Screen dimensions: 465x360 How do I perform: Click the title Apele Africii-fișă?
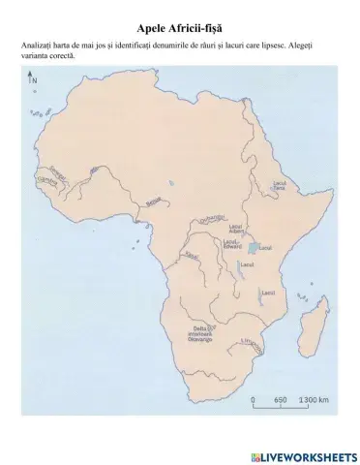click(x=180, y=31)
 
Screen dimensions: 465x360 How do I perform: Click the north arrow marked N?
click(x=33, y=81)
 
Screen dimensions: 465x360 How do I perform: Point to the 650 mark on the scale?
click(x=280, y=399)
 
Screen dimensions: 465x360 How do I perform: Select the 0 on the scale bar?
click(x=253, y=399)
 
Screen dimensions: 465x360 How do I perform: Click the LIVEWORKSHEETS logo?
click(x=303, y=453)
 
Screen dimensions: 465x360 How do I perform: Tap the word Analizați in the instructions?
click(x=38, y=46)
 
